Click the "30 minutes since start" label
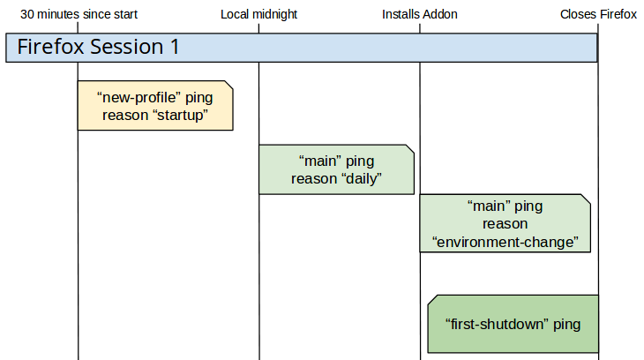pos(79,14)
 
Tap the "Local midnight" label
pos(258,14)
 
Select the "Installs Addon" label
pos(420,14)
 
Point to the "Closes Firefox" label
pos(598,14)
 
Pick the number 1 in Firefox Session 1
pos(174,48)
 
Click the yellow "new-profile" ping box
pos(155,106)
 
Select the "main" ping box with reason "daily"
pos(336,169)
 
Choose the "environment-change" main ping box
pos(505,224)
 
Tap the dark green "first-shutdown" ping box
pos(513,324)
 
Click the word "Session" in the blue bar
pos(129,48)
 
